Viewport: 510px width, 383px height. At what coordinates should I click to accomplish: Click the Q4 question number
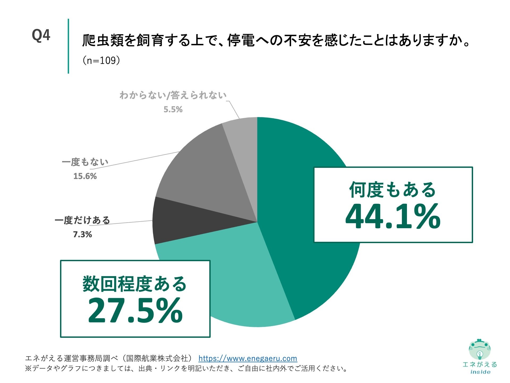(x=41, y=35)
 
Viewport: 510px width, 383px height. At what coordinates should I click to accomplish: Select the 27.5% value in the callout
(x=135, y=311)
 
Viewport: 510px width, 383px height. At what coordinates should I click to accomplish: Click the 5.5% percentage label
(x=173, y=109)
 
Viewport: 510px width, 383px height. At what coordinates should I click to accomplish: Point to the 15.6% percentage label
(x=85, y=176)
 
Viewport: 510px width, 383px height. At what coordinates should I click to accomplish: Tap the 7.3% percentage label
(x=82, y=234)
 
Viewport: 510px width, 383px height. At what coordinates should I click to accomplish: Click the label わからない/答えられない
(x=173, y=95)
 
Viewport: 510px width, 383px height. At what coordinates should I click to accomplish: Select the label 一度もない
(x=85, y=162)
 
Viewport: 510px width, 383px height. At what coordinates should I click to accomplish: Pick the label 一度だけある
(x=82, y=220)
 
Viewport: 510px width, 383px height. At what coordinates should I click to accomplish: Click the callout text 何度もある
(x=393, y=190)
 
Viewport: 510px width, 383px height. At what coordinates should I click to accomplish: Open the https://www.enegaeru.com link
(x=248, y=359)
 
